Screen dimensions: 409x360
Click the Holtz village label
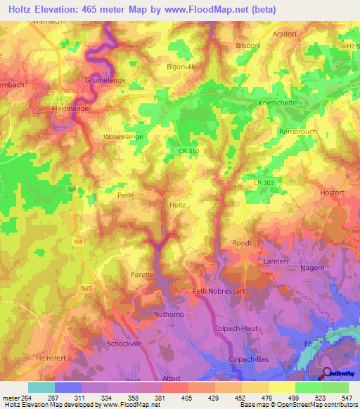tap(178, 205)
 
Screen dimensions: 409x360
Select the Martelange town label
tap(70, 110)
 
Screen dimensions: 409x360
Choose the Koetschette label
tap(278, 103)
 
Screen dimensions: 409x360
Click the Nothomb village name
tap(169, 314)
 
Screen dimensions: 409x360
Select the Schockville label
tap(126, 344)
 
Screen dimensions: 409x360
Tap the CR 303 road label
tap(263, 183)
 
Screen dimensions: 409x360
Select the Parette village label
tap(141, 275)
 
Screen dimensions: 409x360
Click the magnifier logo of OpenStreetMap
tap(328, 374)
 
